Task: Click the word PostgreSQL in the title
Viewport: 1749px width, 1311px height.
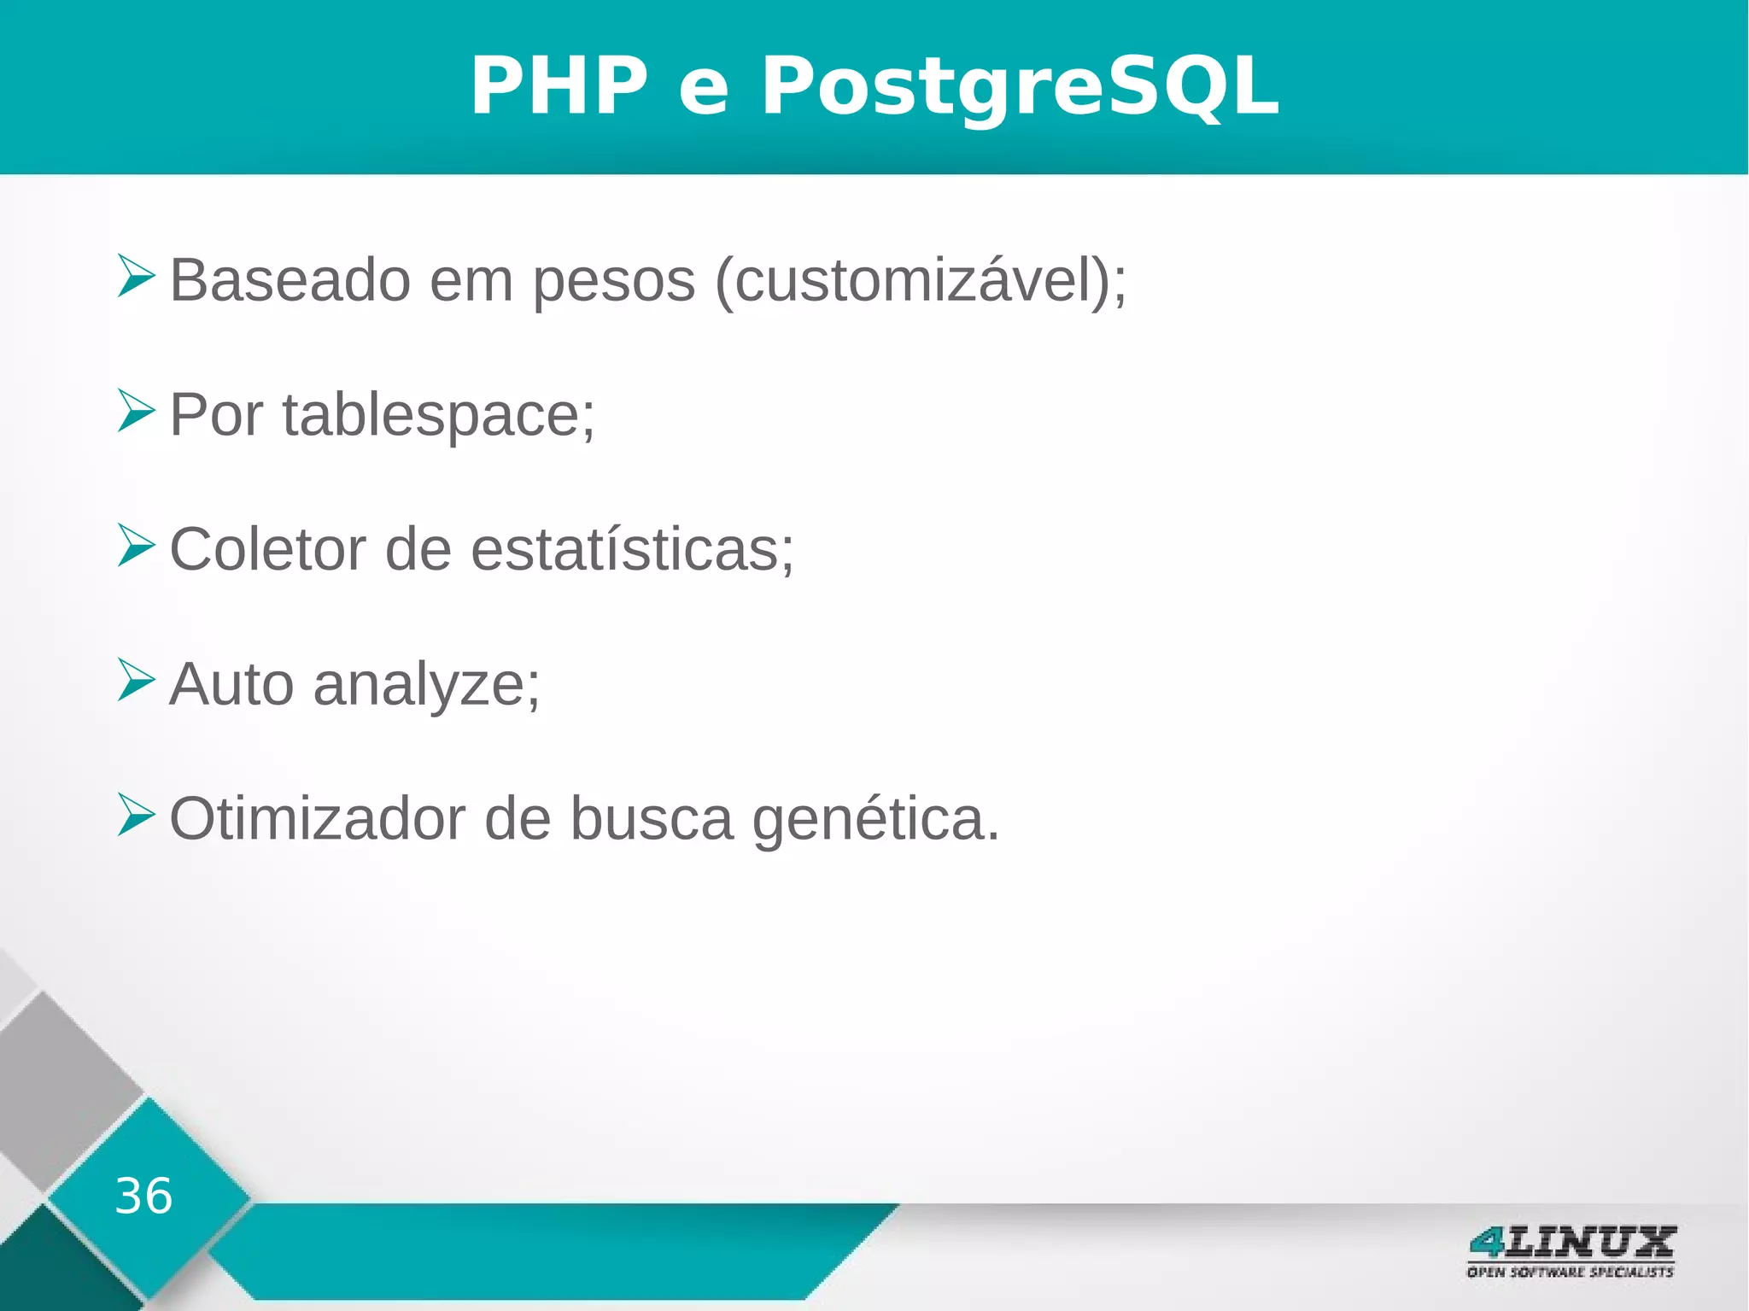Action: pyautogui.click(x=1020, y=86)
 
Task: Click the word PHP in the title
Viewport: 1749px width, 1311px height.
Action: pyautogui.click(x=559, y=86)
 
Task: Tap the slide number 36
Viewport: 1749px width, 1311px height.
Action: pyautogui.click(x=143, y=1195)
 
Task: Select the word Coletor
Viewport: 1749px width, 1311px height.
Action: pyautogui.click(x=267, y=549)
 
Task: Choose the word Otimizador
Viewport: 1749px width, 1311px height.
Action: pyautogui.click(x=317, y=818)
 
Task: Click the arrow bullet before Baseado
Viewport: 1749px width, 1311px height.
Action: pyautogui.click(x=136, y=276)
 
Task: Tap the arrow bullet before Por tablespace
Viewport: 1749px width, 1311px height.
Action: pyautogui.click(x=136, y=411)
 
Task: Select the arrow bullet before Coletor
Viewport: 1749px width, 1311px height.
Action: pyautogui.click(x=136, y=546)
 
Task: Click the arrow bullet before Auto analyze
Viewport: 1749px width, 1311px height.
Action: pyautogui.click(x=136, y=680)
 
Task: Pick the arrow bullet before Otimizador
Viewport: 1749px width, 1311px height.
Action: pyautogui.click(x=136, y=814)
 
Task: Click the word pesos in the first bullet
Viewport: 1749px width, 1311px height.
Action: pyautogui.click(x=614, y=282)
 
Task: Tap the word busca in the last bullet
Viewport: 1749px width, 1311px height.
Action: pyautogui.click(x=652, y=818)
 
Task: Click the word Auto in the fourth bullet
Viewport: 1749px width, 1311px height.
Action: pyautogui.click(x=231, y=684)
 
